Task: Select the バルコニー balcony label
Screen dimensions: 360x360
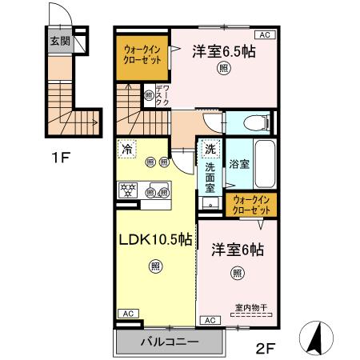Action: pyautogui.click(x=169, y=342)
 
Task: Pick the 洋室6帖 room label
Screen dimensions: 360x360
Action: pyautogui.click(x=238, y=249)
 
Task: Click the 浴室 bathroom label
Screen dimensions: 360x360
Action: pyautogui.click(x=239, y=165)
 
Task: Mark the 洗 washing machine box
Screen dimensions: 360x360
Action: pyautogui.click(x=210, y=148)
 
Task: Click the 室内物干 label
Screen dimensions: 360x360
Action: pyautogui.click(x=251, y=306)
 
